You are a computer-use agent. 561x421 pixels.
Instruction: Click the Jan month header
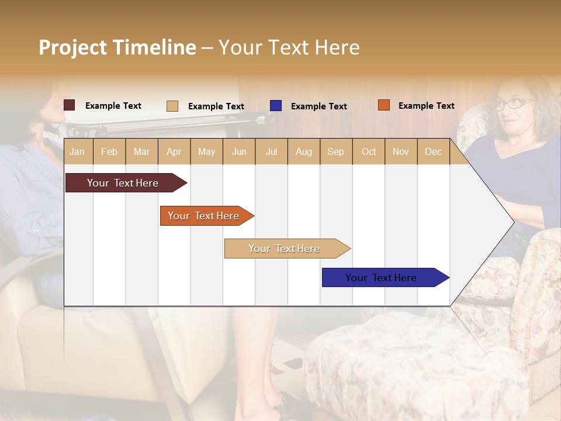click(78, 151)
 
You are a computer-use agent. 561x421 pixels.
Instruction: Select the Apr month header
click(174, 151)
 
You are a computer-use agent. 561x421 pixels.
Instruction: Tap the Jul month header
click(271, 151)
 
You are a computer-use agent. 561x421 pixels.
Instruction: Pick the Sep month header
click(336, 151)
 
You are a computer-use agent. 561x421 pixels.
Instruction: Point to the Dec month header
click(433, 151)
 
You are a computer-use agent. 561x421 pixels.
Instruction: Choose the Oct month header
click(369, 151)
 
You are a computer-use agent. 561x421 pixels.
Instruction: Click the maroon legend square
click(69, 105)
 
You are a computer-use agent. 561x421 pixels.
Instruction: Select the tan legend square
click(172, 106)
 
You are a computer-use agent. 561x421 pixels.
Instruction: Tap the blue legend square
click(275, 106)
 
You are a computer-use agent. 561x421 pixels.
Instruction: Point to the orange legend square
click(383, 105)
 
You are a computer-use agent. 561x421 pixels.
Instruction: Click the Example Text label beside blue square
click(319, 106)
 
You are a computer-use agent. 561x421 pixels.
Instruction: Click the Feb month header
click(109, 151)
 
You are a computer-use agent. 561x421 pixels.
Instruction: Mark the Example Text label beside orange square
click(427, 106)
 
